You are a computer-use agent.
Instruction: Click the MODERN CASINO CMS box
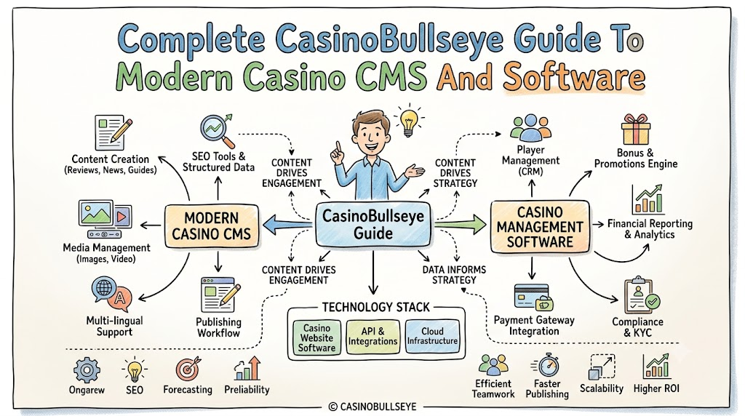(212, 226)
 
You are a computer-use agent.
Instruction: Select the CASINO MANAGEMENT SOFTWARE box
(540, 226)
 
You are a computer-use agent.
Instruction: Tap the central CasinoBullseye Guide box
(373, 224)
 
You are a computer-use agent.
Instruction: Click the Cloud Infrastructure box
(432, 336)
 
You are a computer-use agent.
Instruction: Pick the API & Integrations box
(372, 337)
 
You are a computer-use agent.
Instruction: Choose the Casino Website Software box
(316, 337)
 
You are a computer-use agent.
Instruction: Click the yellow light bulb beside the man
(409, 121)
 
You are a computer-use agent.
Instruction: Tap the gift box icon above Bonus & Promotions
(636, 129)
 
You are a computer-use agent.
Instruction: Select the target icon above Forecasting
(188, 369)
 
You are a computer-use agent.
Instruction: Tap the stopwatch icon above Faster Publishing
(546, 365)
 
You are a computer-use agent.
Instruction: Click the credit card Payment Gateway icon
(533, 297)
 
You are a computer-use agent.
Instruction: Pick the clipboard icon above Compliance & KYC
(641, 295)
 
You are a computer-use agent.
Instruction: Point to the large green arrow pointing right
(461, 224)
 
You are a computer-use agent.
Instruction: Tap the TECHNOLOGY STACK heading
(376, 307)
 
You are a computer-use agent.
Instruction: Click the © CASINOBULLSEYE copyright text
(372, 407)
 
